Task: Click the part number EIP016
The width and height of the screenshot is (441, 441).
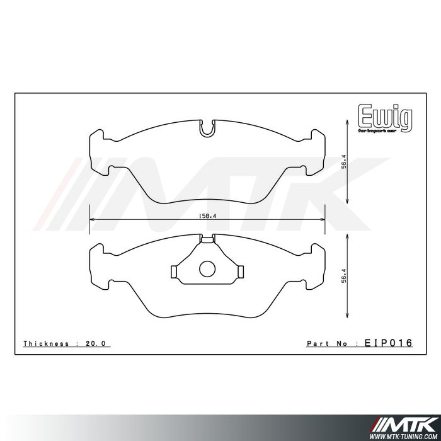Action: pyautogui.click(x=389, y=343)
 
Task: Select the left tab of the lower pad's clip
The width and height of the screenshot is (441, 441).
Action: pyautogui.click(x=174, y=270)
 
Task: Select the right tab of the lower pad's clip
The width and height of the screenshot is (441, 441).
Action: pyautogui.click(x=241, y=270)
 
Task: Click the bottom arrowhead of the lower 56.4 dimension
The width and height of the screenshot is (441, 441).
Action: pyautogui.click(x=346, y=319)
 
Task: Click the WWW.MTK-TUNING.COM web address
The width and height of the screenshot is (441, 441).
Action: pyautogui.click(x=403, y=435)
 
